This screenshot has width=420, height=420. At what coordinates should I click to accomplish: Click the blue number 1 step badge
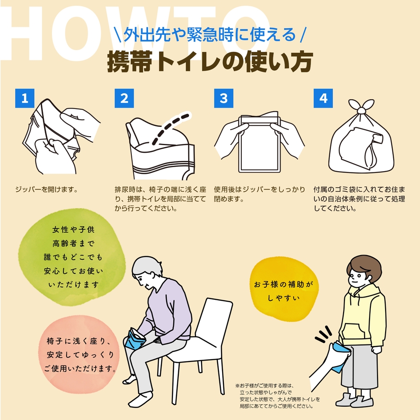[25, 98]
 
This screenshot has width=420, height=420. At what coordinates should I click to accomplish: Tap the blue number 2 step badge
[124, 98]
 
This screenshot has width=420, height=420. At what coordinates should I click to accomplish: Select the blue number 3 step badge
[224, 98]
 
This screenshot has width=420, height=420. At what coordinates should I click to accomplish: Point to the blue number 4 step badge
[323, 98]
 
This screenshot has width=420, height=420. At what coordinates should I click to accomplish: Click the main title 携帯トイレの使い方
[210, 62]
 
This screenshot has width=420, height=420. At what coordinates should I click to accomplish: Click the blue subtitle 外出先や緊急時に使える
[210, 34]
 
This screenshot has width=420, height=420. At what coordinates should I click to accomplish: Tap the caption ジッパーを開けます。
[46, 189]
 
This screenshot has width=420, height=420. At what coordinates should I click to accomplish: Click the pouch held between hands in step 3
[259, 143]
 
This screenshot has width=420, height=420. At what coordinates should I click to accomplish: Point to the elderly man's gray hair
[146, 266]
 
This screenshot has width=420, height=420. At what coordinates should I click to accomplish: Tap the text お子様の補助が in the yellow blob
[283, 284]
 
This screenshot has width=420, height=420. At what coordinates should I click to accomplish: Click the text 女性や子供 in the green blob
[73, 230]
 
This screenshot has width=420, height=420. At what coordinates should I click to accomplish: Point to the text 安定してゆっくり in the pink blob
[80, 354]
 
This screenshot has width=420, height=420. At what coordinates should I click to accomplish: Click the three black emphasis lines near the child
[324, 334]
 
